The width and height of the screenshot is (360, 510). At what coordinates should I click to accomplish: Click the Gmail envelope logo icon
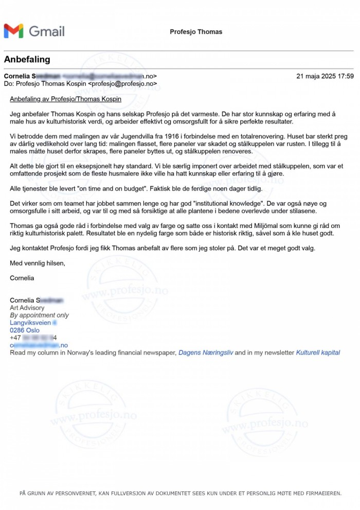pyautogui.click(x=13, y=31)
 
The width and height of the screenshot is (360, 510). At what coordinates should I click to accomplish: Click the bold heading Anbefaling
pyautogui.click(x=27, y=59)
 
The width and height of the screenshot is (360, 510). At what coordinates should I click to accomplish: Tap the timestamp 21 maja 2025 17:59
pyautogui.click(x=325, y=76)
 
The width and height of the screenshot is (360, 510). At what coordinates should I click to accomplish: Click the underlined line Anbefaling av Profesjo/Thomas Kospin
pyautogui.click(x=65, y=99)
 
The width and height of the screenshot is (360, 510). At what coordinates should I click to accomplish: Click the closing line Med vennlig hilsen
pyautogui.click(x=38, y=263)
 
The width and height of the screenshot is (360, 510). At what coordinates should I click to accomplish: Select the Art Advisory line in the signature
pyautogui.click(x=27, y=308)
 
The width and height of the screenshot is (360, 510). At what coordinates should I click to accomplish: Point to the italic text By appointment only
pyautogui.click(x=39, y=315)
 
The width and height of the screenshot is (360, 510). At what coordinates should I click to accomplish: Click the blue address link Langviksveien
pyautogui.click(x=30, y=323)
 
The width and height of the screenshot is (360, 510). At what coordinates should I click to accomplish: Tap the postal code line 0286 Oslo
pyautogui.click(x=25, y=330)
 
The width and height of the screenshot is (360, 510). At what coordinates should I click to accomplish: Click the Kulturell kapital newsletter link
pyautogui.click(x=318, y=353)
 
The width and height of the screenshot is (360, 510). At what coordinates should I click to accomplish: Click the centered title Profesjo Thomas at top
pyautogui.click(x=196, y=32)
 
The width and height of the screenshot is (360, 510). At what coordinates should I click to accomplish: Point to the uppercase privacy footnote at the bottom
pyautogui.click(x=180, y=493)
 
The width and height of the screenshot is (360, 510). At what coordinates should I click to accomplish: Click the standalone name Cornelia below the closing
pyautogui.click(x=22, y=278)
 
